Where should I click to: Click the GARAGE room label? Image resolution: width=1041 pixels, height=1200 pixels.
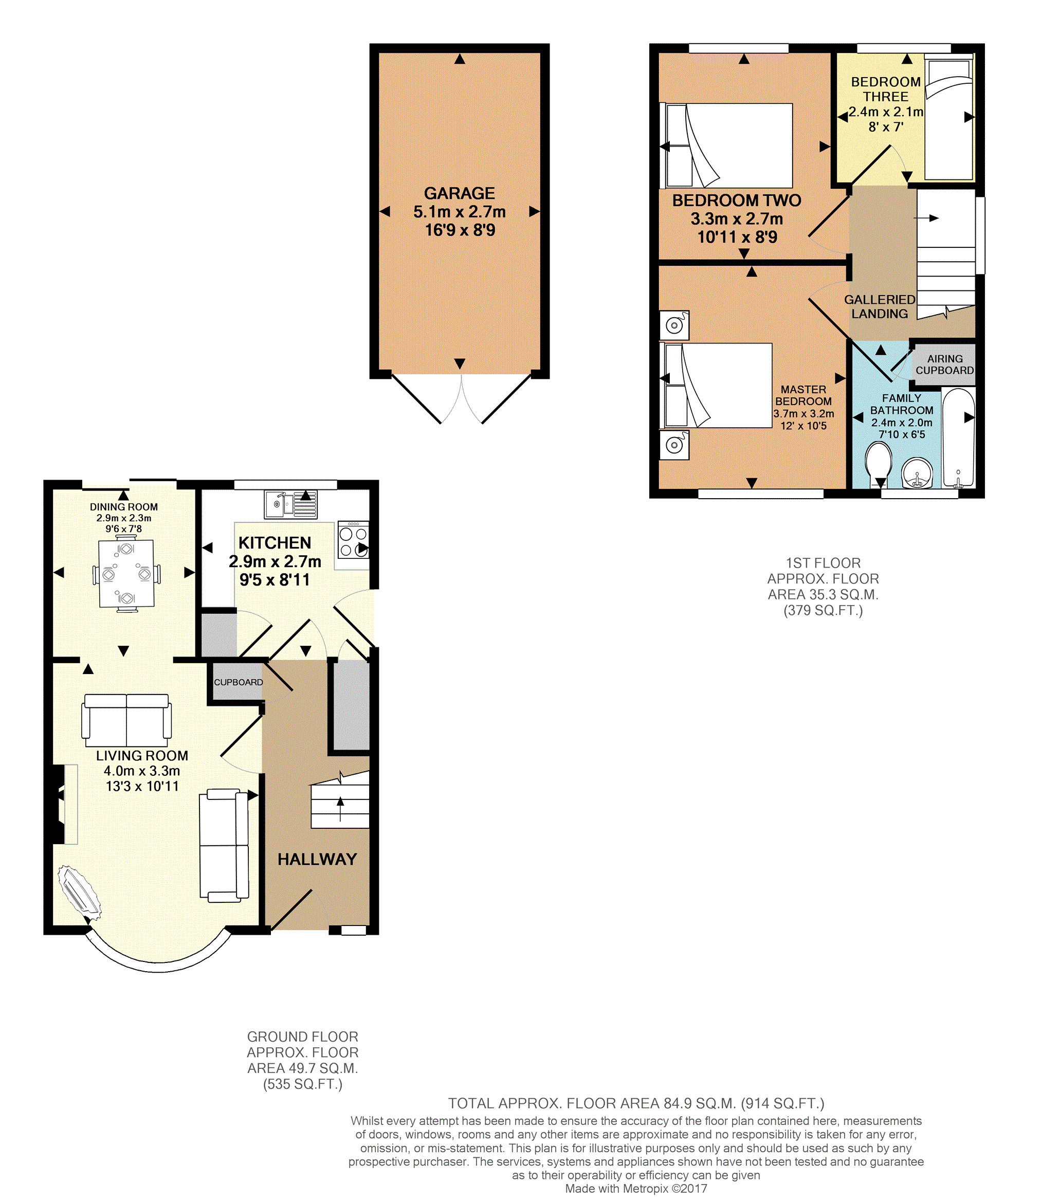point(459,193)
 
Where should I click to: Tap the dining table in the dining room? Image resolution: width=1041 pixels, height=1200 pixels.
point(126,574)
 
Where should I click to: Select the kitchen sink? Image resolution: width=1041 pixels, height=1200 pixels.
point(291,504)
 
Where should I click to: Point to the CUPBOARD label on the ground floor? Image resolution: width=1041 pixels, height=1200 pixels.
point(238,682)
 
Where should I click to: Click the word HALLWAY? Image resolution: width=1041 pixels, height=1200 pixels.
point(317,859)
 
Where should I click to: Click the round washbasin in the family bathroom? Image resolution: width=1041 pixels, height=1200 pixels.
point(917,472)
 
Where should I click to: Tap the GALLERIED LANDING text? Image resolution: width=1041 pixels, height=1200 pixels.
point(880,306)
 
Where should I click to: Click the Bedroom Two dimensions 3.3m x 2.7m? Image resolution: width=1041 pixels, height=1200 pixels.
point(737,219)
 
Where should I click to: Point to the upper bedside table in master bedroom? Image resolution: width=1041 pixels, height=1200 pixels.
point(674,325)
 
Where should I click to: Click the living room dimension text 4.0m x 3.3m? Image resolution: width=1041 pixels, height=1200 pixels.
point(142,771)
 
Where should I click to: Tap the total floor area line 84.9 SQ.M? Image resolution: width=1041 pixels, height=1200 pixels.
point(636,1103)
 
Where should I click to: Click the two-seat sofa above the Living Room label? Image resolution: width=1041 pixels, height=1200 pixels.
point(126,720)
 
